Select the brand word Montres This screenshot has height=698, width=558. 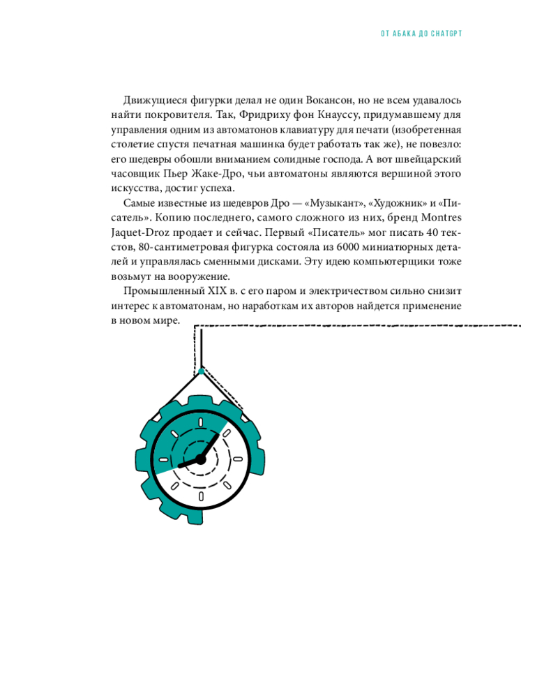(435, 218)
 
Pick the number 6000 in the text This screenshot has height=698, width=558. (351, 247)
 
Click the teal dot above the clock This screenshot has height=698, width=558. (201, 371)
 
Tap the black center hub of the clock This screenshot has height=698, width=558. (201, 459)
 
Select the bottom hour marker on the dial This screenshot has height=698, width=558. (201, 496)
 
